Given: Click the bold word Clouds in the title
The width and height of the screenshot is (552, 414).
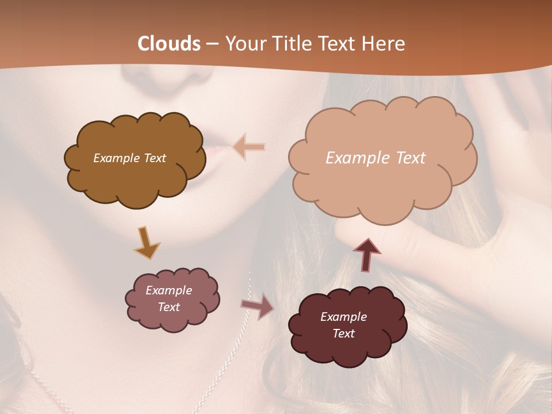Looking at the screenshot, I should [x=169, y=44].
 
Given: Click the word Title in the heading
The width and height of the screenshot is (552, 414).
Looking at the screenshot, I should [x=293, y=44].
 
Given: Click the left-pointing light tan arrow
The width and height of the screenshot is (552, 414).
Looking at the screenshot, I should [x=250, y=147].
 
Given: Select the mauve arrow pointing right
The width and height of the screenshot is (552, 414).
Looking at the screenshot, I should [x=258, y=305].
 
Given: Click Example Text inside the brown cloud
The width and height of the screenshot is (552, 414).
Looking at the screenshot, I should [x=129, y=158].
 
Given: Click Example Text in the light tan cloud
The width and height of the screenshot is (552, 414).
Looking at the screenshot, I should [x=375, y=158].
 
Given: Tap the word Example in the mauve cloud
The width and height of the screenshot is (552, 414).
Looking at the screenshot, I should [x=168, y=290].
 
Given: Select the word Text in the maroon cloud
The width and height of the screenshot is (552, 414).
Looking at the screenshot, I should [x=343, y=333].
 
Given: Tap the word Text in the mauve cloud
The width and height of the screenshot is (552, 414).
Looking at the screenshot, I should [x=168, y=307].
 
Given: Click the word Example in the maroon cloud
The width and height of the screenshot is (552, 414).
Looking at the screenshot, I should [x=343, y=317].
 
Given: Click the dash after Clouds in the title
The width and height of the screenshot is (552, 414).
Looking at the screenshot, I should [x=212, y=44].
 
